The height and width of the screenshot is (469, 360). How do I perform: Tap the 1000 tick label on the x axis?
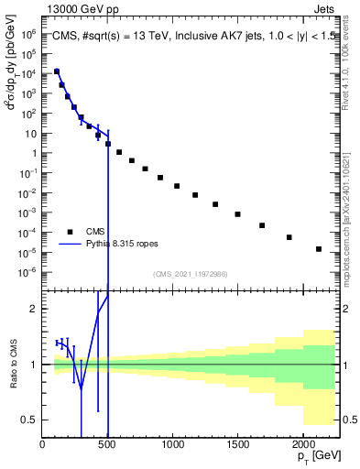(x=172, y=446)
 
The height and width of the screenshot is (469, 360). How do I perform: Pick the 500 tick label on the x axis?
(x=107, y=446)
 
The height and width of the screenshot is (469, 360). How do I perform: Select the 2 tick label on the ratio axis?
(x=34, y=309)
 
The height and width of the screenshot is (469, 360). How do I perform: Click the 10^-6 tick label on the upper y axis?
(x=28, y=271)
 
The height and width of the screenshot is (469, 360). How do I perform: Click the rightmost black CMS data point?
(x=319, y=249)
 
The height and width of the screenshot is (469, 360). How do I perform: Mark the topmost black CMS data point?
(x=57, y=71)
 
